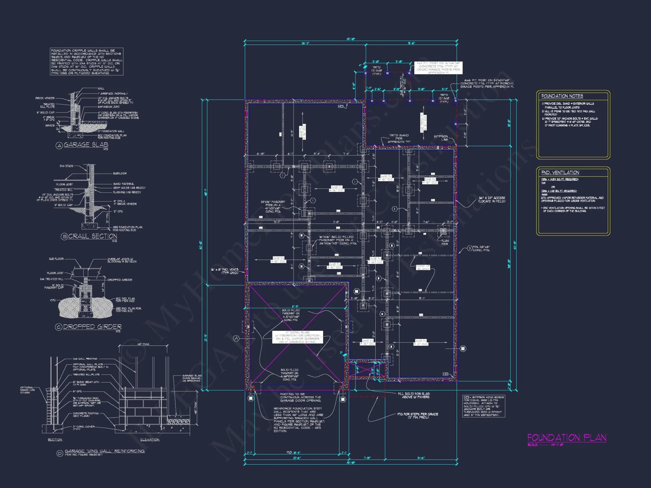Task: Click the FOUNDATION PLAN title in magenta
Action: [566, 438]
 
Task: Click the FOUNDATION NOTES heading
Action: [562, 96]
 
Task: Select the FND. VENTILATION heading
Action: [560, 172]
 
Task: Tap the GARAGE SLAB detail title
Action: [86, 144]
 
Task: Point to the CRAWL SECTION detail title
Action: [92, 236]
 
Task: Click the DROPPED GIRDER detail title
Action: [92, 327]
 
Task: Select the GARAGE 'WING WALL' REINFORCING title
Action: [104, 451]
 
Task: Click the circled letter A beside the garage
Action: [236, 338]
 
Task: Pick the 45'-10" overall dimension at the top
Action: [351, 39]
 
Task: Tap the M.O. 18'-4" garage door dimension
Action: [293, 453]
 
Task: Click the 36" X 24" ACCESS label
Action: [492, 199]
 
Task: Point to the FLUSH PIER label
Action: [445, 242]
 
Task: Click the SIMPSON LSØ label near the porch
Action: [441, 138]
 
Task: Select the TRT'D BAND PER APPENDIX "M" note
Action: [399, 138]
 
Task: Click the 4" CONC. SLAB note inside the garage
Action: [298, 337]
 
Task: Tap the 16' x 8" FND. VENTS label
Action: [225, 271]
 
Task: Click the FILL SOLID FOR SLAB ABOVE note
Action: [413, 395]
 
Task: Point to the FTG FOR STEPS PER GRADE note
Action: [418, 415]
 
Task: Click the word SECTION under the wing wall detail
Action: [55, 440]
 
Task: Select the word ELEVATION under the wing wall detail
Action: [150, 440]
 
